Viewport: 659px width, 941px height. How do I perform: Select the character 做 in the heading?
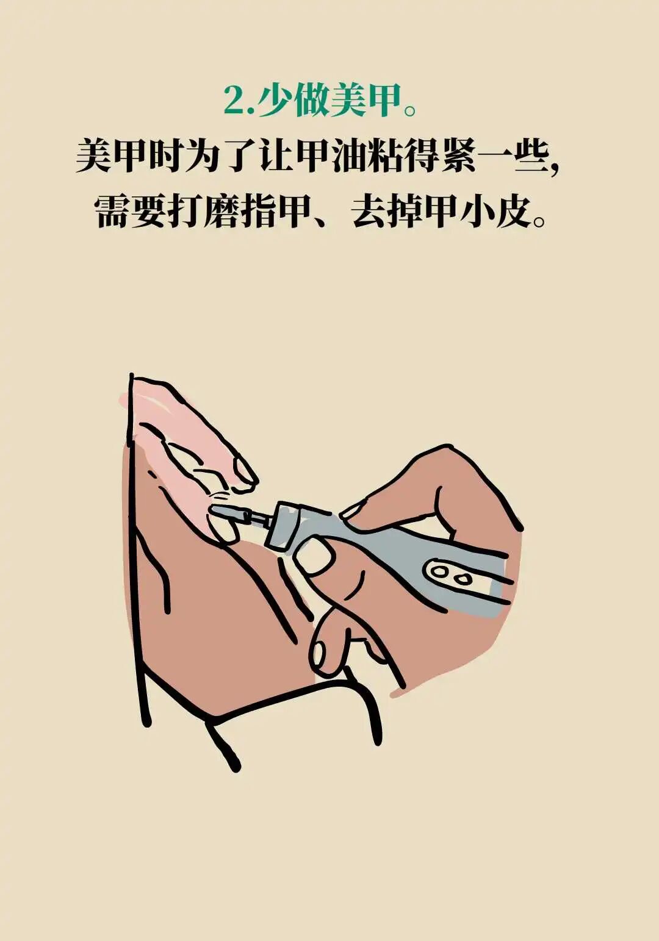(x=311, y=101)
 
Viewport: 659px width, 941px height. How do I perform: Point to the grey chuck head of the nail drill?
(x=285, y=526)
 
